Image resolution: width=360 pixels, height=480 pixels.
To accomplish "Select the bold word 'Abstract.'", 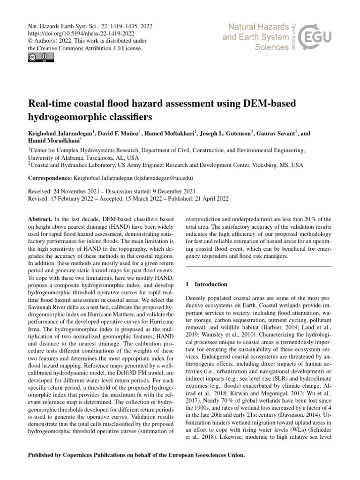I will click(x=41, y=219).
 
